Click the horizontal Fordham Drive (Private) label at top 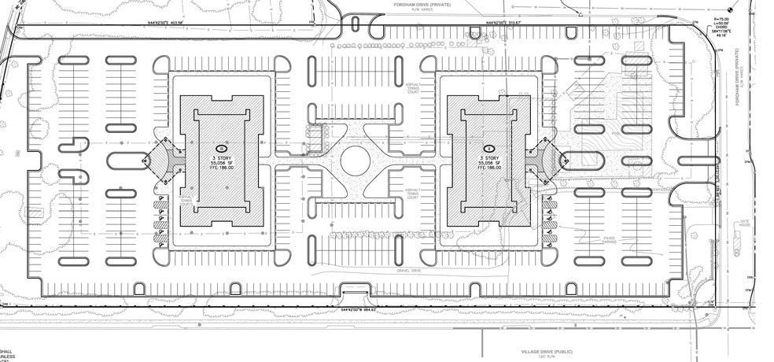point(422,4)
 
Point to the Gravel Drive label point(410,270)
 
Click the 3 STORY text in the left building point(222,157)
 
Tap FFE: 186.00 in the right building point(488,168)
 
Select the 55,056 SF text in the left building point(222,163)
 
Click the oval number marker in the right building point(488,149)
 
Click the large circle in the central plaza point(356,159)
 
